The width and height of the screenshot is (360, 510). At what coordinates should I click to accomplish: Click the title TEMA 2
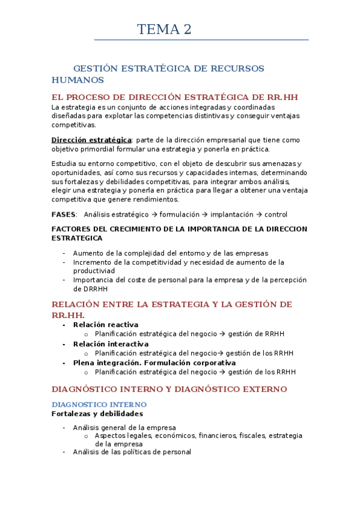(x=164, y=29)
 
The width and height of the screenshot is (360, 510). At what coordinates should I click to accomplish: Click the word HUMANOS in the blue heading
(x=78, y=80)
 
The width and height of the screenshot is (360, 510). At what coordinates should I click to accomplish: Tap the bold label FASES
(x=64, y=215)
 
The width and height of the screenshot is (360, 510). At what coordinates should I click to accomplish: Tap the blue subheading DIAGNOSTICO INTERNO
(x=99, y=405)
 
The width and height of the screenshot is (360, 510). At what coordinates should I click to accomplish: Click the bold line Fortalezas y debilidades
(x=97, y=414)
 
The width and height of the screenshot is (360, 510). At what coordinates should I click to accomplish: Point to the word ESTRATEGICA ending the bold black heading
(x=77, y=238)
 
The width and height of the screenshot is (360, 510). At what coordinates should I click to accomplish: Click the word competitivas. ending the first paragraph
(x=73, y=125)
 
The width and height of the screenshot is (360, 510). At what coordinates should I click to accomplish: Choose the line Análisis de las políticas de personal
(x=132, y=452)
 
